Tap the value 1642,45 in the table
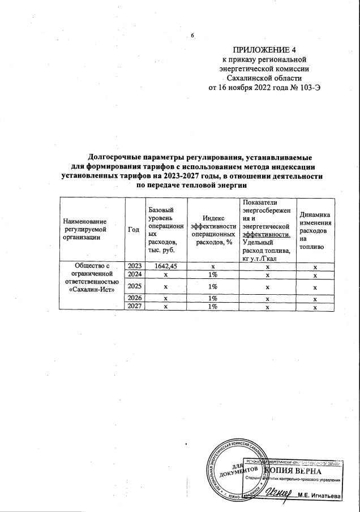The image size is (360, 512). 162,265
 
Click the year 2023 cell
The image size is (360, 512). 134,265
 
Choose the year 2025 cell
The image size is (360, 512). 134,286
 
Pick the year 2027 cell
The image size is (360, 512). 134,306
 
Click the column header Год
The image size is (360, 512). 134,229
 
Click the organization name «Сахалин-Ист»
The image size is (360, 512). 91,290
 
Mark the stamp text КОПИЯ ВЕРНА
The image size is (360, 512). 297,471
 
